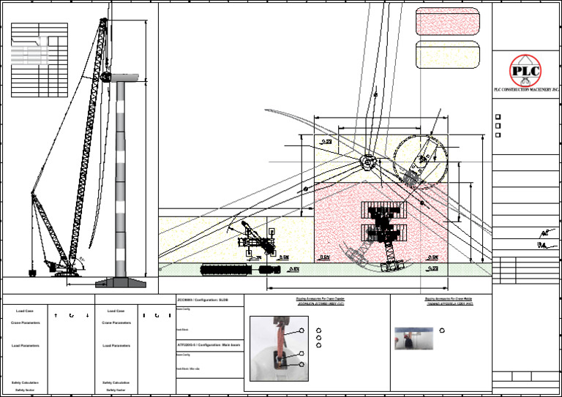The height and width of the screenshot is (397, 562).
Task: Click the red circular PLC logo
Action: click(526, 70)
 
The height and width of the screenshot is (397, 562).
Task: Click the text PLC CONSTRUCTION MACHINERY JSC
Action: click(526, 89)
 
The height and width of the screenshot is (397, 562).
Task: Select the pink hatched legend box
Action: click(447, 22)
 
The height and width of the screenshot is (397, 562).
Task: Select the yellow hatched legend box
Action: click(447, 55)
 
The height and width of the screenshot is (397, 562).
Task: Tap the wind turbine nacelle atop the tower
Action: click(106, 76)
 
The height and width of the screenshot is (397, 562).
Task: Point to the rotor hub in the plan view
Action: click(367, 162)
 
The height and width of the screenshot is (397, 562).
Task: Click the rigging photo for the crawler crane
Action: click(278, 348)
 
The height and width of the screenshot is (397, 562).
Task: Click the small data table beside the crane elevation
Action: click(39, 60)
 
